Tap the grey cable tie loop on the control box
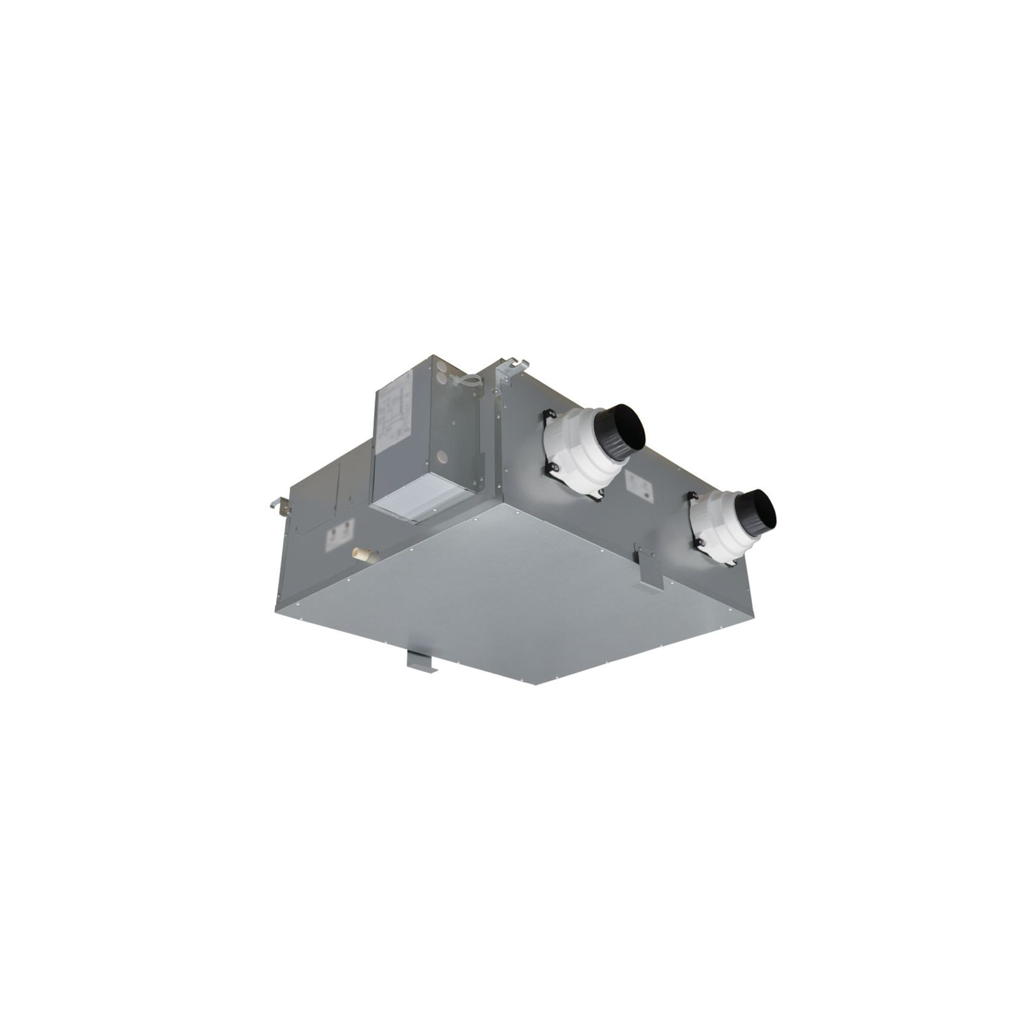coord(465,382)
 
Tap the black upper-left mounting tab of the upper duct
coord(546,416)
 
